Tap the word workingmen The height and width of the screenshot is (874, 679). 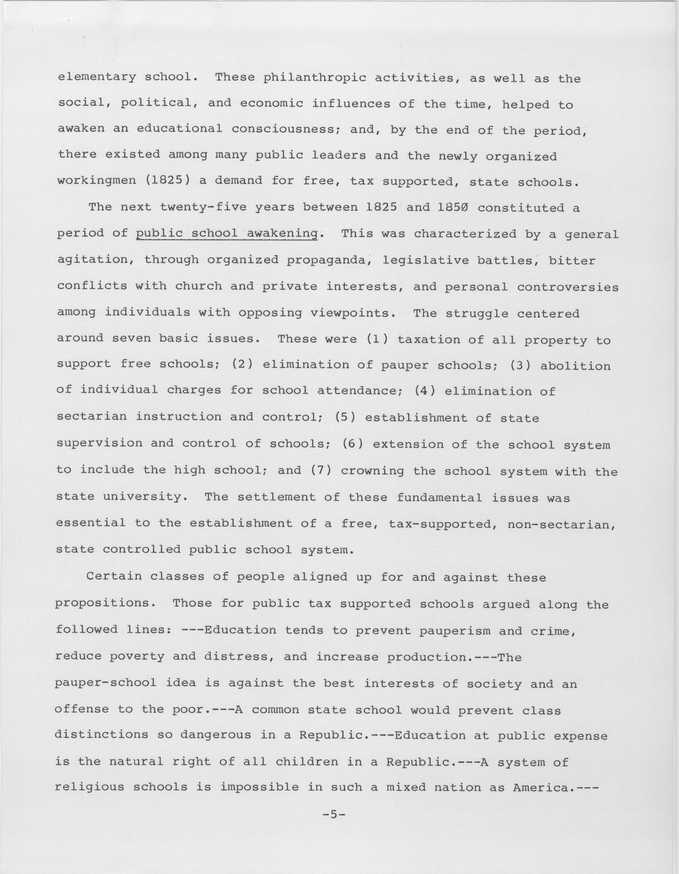96,181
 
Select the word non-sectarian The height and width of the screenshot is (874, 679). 561,524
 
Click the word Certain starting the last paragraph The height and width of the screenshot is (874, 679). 114,576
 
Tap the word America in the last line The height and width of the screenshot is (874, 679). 541,787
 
